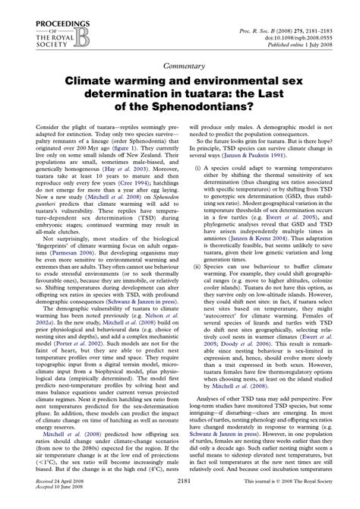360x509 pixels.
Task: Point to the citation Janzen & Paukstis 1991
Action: (267, 175)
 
